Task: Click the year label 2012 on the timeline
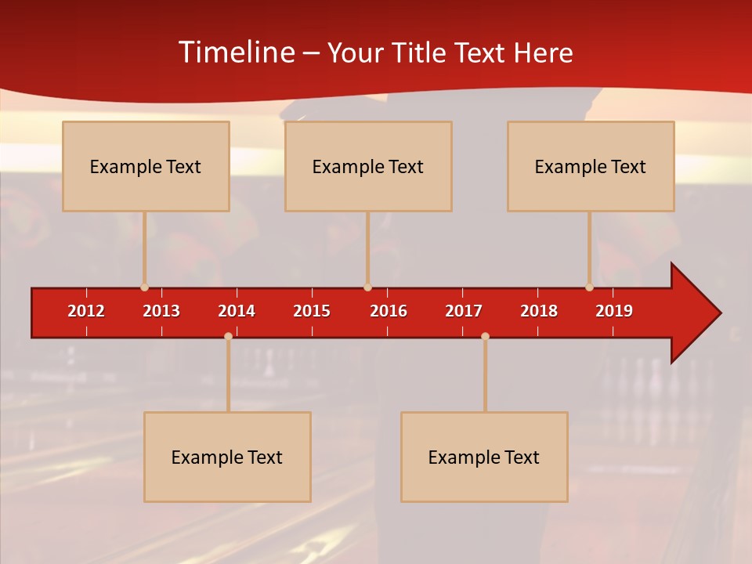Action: [x=86, y=311]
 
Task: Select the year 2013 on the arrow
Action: [x=161, y=311]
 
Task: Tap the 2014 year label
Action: [x=237, y=311]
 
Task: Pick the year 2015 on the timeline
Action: [x=312, y=311]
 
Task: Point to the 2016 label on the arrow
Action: [x=389, y=311]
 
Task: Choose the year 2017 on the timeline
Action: [x=464, y=311]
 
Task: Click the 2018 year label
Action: [x=539, y=311]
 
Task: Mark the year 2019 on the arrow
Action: [x=614, y=311]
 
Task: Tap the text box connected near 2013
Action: [x=146, y=166]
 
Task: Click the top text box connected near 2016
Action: [x=368, y=166]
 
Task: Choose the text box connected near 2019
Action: [x=591, y=166]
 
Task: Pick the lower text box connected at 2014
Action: [x=227, y=457]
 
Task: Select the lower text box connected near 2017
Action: [x=484, y=457]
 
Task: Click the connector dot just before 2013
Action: [x=144, y=287]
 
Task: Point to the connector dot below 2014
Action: [x=228, y=336]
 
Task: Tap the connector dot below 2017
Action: [x=485, y=336]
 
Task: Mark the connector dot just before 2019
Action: [x=589, y=287]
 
